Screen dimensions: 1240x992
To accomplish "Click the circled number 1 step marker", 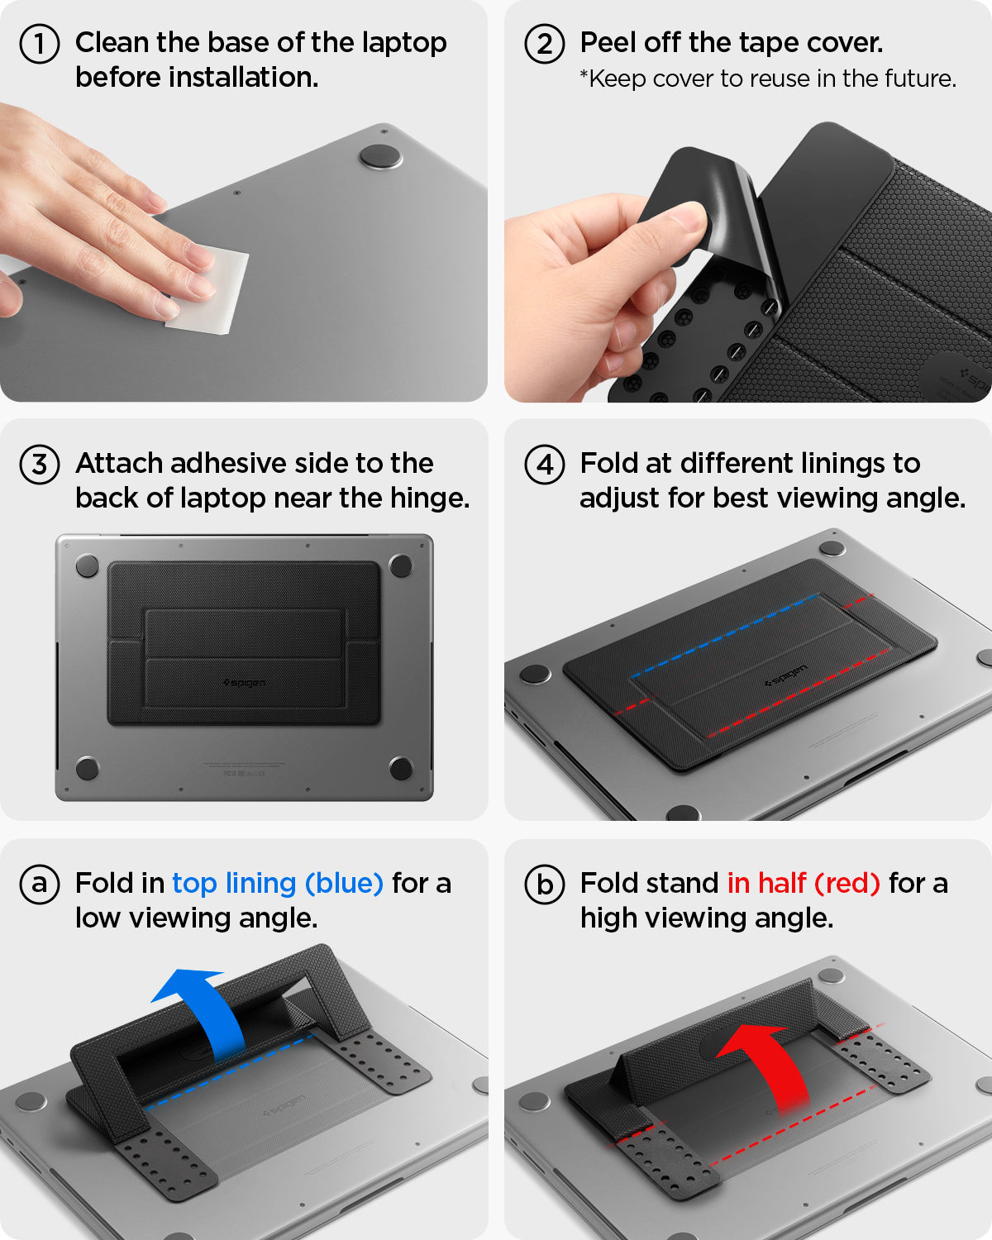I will pos(39,44).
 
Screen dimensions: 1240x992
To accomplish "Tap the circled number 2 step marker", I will pos(544,44).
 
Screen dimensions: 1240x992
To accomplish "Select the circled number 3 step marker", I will pos(39,464).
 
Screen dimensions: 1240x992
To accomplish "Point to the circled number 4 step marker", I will pos(544,464).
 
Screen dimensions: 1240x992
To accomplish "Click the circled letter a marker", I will pos(39,885).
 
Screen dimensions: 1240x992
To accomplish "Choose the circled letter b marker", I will pos(544,885).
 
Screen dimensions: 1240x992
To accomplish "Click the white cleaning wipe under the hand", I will pos(211,293).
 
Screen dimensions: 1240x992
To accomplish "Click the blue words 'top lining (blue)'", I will pos(277,884).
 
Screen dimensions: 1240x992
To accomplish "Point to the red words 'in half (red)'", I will pos(803,884).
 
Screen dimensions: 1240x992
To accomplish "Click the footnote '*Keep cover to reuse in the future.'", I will pos(767,79).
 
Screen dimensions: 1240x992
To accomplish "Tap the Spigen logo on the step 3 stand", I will pos(245,683).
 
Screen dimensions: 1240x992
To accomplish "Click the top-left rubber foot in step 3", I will pos(87,566).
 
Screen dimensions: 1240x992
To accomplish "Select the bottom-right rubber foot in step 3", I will pos(401,767).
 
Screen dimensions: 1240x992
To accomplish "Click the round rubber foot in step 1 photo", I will pos(380,156).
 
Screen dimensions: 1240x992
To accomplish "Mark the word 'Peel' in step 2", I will pos(606,42).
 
